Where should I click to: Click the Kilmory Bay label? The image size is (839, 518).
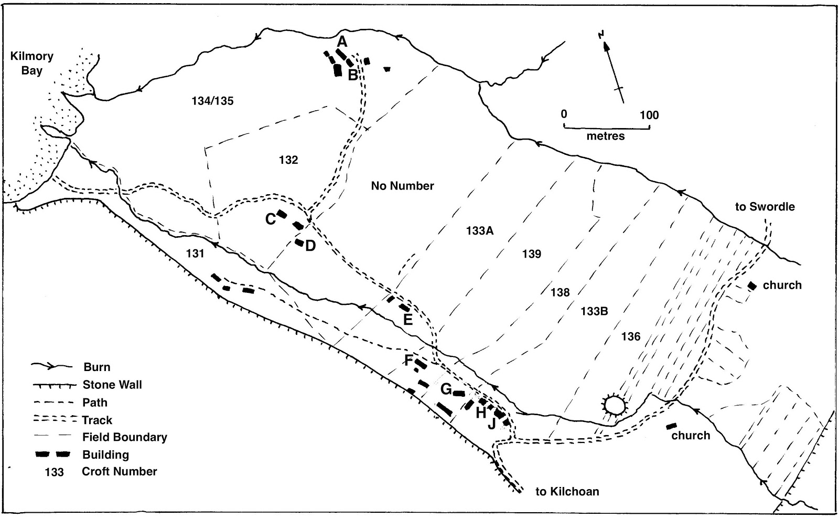point(31,63)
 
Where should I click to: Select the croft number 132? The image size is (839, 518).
point(288,160)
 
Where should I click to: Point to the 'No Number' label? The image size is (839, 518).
point(402,186)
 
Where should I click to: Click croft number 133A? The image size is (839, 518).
point(479,230)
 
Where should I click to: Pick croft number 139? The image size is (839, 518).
point(531,254)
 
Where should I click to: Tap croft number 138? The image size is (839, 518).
point(560,292)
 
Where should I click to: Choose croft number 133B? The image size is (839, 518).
point(594,311)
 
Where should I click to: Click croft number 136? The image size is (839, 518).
point(631,336)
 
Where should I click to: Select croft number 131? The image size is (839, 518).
point(195,253)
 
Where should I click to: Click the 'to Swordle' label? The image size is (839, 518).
point(765,207)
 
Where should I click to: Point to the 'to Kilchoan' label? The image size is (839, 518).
point(567,492)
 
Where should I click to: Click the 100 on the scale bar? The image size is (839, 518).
point(649,115)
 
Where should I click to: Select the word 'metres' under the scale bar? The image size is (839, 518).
point(606,136)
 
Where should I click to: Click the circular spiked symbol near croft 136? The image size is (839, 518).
point(614,405)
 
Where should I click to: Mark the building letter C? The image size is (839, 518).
point(271,219)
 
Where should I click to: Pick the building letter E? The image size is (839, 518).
point(407,319)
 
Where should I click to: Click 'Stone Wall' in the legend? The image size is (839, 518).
point(112,385)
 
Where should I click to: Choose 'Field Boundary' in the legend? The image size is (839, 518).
point(124,437)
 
